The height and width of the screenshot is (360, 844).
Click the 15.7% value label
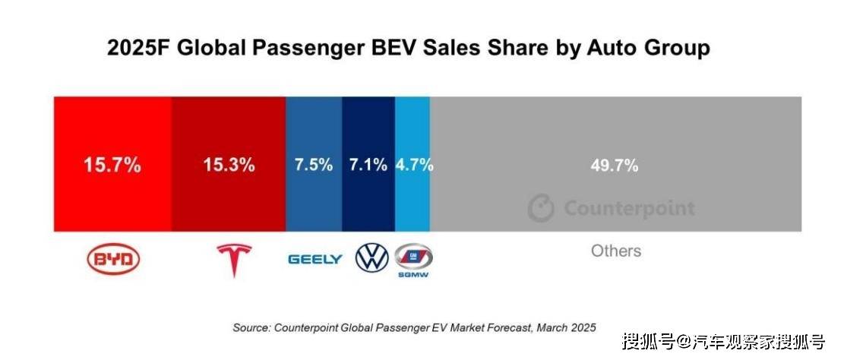point(112,165)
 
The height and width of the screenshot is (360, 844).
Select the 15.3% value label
point(229,165)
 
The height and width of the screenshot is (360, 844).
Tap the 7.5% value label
point(313,165)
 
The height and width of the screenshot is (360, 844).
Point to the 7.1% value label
point(368,165)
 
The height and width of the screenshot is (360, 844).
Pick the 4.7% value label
point(415,165)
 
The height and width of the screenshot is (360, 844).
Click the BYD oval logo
point(113,259)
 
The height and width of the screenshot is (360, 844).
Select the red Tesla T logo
point(234,261)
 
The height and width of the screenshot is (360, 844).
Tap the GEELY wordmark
point(315,260)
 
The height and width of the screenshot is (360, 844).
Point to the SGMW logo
point(413,261)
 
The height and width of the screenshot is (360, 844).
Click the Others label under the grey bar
point(616,251)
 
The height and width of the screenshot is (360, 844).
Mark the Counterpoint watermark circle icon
point(541,208)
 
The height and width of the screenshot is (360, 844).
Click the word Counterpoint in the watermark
point(629,208)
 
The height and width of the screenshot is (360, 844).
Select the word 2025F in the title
point(138,48)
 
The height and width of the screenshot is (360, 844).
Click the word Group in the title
point(675,49)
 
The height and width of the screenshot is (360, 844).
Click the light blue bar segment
point(413,164)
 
